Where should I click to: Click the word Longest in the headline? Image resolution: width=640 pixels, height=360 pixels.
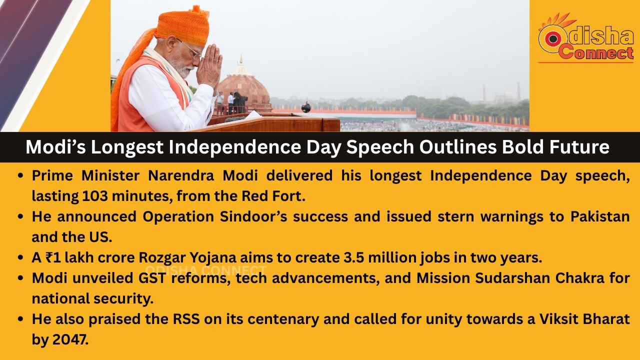(127, 147)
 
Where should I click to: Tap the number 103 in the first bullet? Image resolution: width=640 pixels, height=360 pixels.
(95, 196)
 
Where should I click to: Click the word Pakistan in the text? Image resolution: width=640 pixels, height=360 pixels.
(600, 216)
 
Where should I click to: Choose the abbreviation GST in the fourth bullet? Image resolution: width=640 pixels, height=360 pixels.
(152, 278)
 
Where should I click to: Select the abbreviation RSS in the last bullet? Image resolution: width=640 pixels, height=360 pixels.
(186, 319)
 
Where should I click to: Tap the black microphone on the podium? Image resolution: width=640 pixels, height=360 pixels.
(305, 107)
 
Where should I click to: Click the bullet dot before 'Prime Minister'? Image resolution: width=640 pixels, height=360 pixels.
(20, 175)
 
